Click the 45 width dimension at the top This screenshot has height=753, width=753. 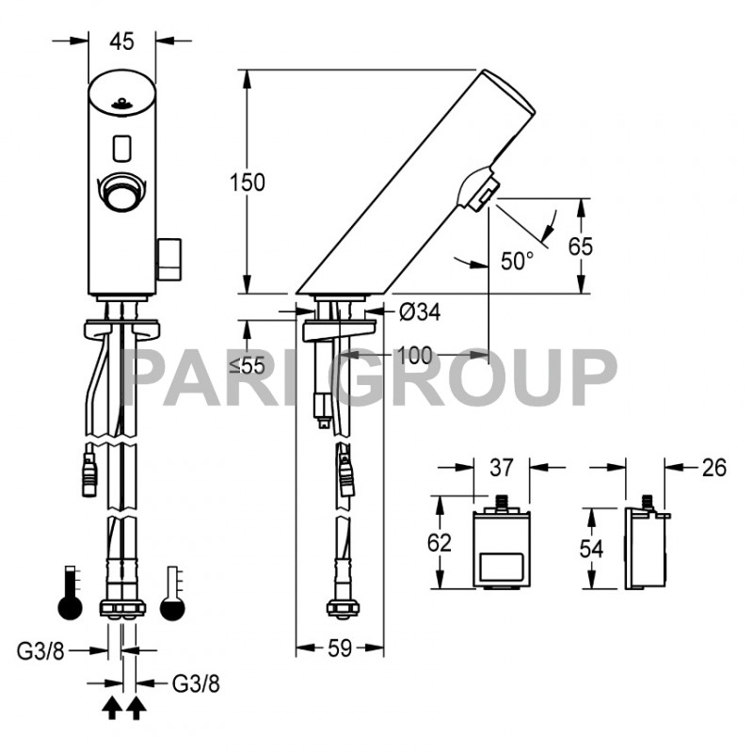122,40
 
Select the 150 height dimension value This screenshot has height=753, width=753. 248,182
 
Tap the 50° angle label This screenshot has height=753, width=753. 517,261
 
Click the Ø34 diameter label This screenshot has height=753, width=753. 419,311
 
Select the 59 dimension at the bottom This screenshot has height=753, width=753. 341,649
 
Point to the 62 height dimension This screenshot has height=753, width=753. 440,543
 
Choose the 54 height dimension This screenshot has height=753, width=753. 591,549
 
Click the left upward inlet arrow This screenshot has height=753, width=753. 111,708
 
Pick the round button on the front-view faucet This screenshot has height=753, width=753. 122,193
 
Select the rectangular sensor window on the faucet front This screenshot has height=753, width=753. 121,147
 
